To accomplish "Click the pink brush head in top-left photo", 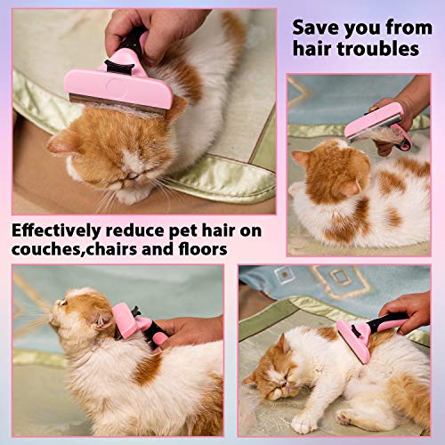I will tap(116, 89).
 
